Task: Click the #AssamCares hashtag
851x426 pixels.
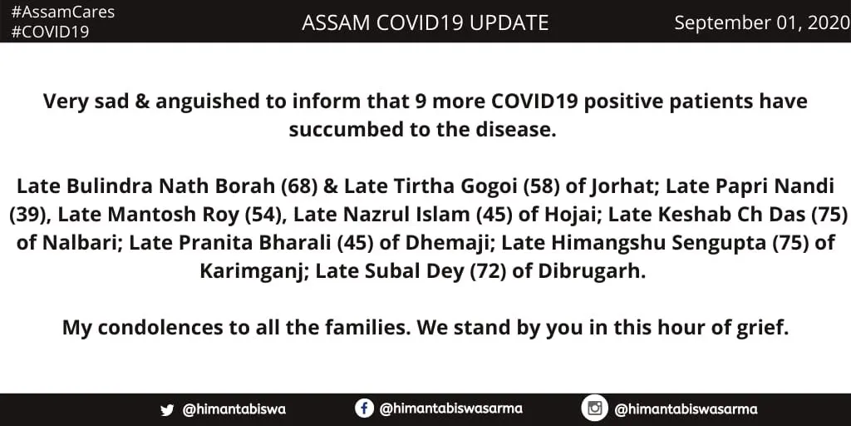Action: [63, 12]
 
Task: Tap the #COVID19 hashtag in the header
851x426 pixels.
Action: [50, 32]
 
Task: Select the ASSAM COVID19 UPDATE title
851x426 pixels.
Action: [425, 22]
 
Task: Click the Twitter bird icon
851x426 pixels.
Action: [167, 409]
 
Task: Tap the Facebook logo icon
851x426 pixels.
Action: [364, 408]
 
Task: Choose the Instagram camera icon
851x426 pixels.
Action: [594, 408]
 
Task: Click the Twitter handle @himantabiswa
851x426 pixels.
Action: [234, 409]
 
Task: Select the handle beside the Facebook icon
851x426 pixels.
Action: [450, 409]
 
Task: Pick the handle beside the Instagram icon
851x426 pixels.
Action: [686, 409]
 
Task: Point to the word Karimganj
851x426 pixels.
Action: [250, 271]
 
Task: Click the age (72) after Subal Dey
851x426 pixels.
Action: [488, 271]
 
